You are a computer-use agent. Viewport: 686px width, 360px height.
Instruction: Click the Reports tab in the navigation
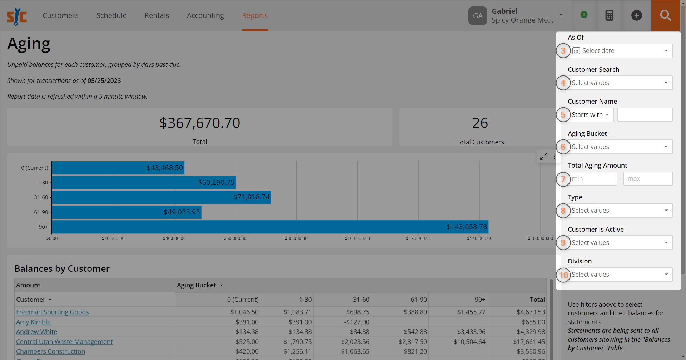[x=254, y=15]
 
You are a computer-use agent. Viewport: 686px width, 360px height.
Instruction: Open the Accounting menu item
[x=205, y=15]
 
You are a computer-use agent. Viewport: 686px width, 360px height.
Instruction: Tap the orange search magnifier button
[x=665, y=15]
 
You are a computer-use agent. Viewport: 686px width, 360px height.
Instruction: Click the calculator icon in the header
[x=609, y=15]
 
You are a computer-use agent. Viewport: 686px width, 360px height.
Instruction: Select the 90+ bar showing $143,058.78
[x=270, y=227]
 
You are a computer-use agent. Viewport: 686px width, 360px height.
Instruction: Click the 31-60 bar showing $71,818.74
[x=161, y=197]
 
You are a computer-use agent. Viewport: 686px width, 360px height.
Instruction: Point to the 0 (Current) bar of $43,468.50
[x=118, y=168]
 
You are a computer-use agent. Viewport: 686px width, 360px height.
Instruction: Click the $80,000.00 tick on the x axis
[x=296, y=238]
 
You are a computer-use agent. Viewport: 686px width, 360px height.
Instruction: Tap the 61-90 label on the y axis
[x=41, y=212]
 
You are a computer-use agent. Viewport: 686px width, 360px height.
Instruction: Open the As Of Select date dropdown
[x=622, y=51]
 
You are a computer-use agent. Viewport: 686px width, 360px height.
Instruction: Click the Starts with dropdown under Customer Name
[x=591, y=115]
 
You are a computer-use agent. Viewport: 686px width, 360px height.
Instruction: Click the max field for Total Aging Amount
[x=647, y=179]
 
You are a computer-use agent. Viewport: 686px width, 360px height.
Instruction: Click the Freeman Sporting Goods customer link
[x=52, y=312]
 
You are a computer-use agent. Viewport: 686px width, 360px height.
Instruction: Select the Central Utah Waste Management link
[x=64, y=342]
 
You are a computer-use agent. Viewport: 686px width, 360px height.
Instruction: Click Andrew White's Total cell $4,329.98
[x=530, y=332]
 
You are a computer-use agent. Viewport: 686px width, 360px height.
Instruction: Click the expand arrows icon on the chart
[x=543, y=156]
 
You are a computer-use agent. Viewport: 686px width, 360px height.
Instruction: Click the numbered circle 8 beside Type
[x=563, y=211]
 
